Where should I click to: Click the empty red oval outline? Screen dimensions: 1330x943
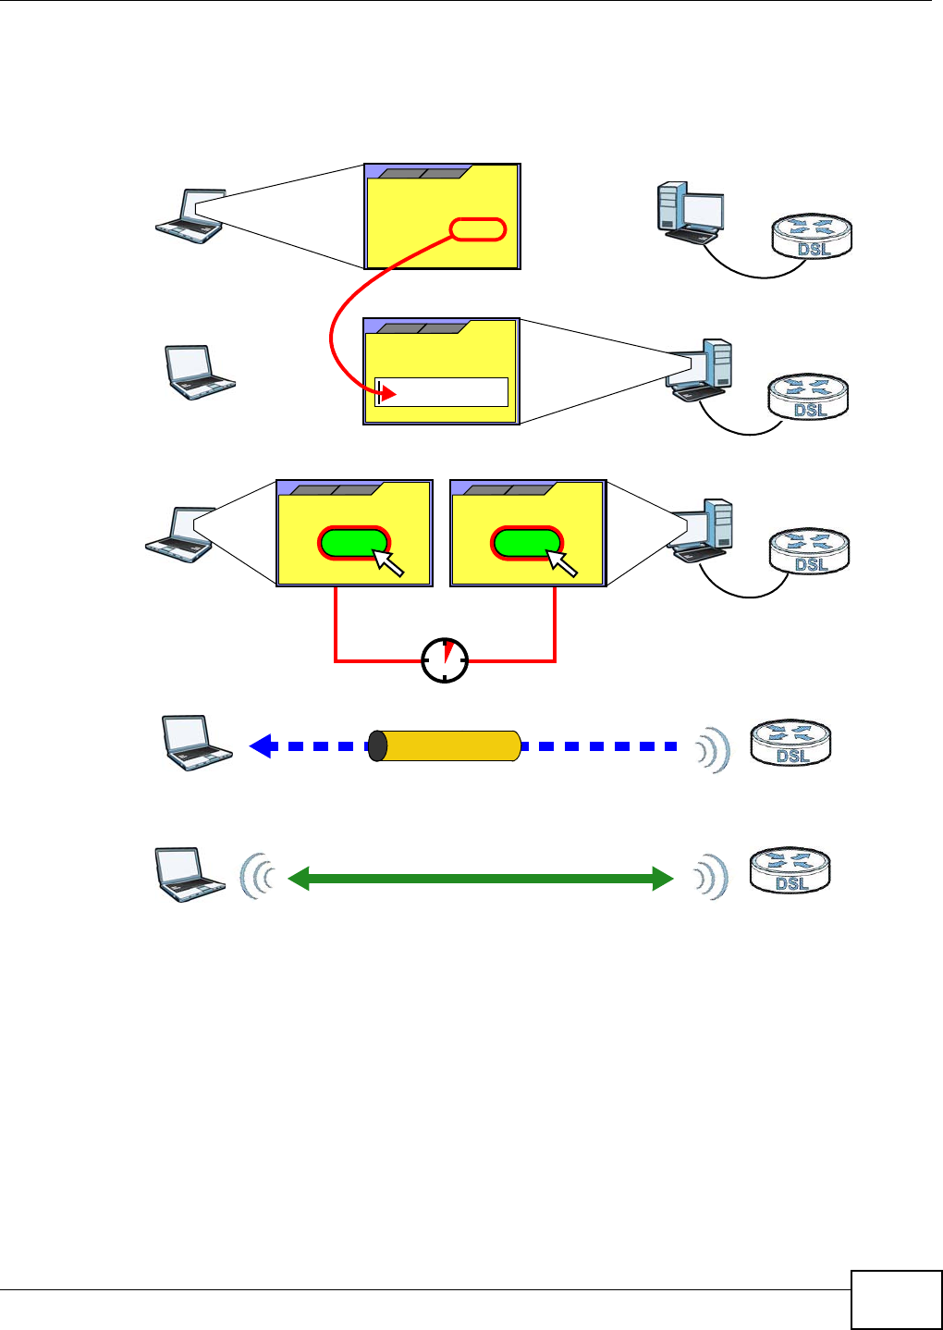click(478, 229)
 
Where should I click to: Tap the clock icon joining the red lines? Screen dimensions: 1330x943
click(445, 659)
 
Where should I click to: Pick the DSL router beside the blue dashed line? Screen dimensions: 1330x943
click(790, 743)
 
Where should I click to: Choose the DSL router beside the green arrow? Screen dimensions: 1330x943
click(790, 871)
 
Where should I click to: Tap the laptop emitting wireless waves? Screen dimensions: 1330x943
click(189, 873)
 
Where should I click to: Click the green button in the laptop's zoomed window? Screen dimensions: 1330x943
click(352, 543)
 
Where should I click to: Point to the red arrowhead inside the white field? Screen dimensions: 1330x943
click(388, 394)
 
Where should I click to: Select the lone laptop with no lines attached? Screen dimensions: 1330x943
click(198, 372)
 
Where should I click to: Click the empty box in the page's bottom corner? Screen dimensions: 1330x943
click(896, 1299)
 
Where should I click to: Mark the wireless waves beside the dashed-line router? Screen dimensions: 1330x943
click(715, 747)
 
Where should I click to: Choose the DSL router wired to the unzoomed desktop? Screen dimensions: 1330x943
click(812, 236)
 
